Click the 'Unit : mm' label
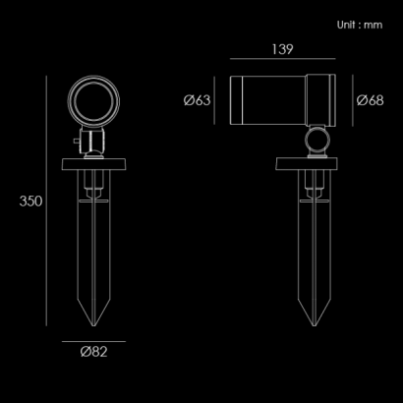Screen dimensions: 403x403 point(360,25)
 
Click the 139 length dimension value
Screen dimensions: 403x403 point(282,49)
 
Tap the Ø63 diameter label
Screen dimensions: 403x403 point(197,100)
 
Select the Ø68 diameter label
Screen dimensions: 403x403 point(370,100)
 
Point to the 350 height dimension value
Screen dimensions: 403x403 point(30,201)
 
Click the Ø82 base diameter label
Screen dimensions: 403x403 point(93,352)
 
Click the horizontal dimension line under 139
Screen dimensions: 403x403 point(283,59)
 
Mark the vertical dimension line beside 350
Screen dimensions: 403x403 point(46,201)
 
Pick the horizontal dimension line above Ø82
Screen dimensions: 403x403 point(93,341)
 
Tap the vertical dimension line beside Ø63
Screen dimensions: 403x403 point(214,100)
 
